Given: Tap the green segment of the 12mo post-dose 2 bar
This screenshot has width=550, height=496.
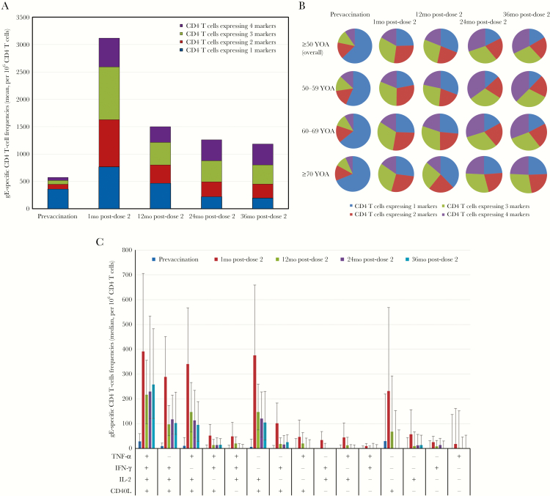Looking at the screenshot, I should tap(170, 153).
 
